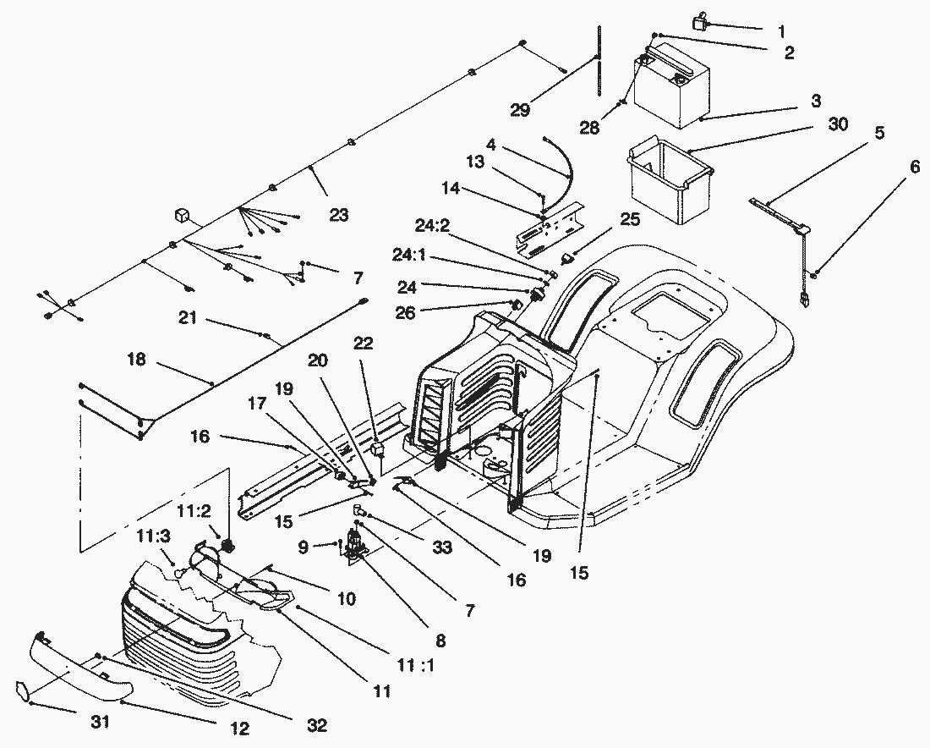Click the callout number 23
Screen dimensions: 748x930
[x=338, y=216]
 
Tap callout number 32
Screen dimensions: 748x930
[x=317, y=725]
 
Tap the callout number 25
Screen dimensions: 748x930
[x=629, y=219]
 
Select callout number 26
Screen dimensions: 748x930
[x=406, y=312]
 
